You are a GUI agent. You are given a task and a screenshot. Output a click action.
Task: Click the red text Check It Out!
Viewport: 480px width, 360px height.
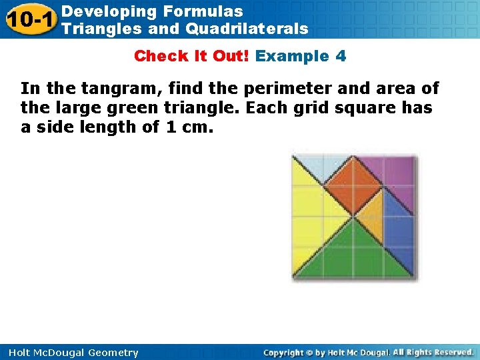pos(192,56)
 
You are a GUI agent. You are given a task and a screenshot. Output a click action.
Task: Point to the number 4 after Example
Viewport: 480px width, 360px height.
pos(341,56)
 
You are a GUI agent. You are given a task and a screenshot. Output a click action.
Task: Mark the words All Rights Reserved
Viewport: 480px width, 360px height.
pos(433,353)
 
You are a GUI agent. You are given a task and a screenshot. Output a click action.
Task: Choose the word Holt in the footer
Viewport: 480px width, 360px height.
pos(19,353)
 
